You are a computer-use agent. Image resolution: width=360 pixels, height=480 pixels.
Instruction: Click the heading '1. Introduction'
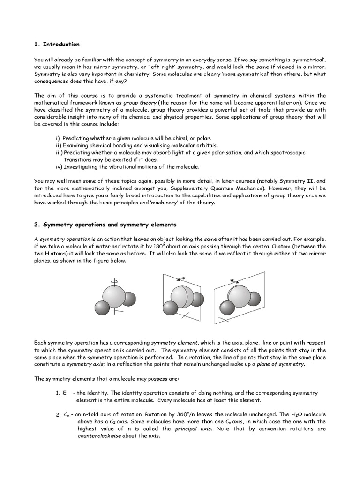tap(57, 45)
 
